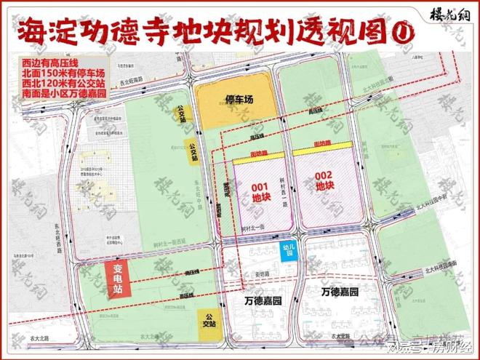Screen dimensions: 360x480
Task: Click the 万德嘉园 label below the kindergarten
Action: click(263, 298)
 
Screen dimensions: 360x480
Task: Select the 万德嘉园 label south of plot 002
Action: click(340, 292)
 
